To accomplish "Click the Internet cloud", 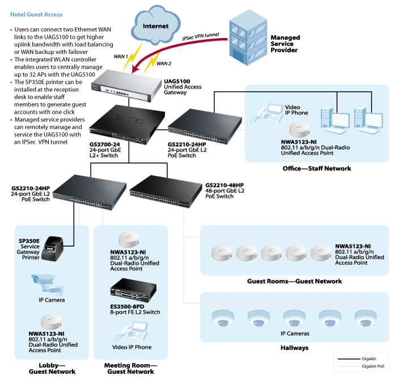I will pos(155,27).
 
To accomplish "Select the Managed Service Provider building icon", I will pos(246,35).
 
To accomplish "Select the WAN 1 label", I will pos(121,56).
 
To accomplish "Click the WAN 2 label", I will pos(163,63).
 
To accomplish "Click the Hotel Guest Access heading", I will pos(37,14).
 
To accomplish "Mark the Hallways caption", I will pos(294,347).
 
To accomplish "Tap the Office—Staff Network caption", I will pos(317,168).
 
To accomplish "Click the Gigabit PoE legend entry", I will pos(371,367).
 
